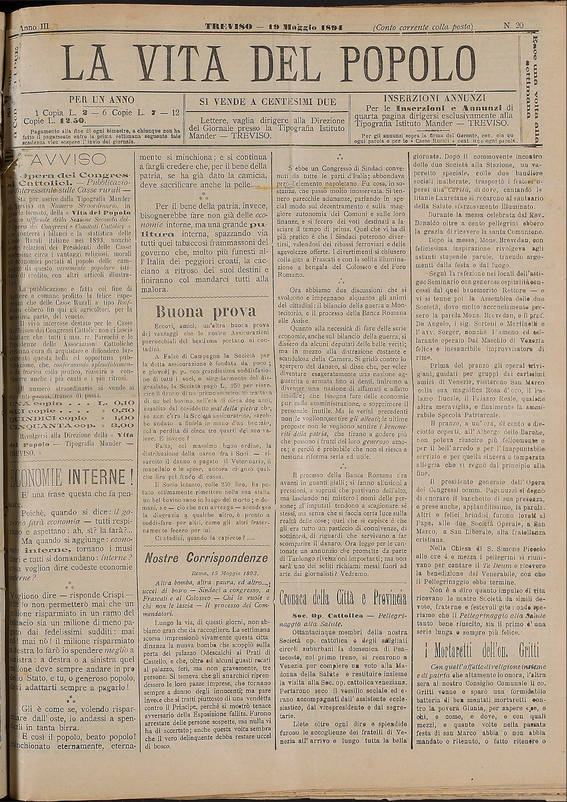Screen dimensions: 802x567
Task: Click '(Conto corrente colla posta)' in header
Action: click(x=423, y=27)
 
